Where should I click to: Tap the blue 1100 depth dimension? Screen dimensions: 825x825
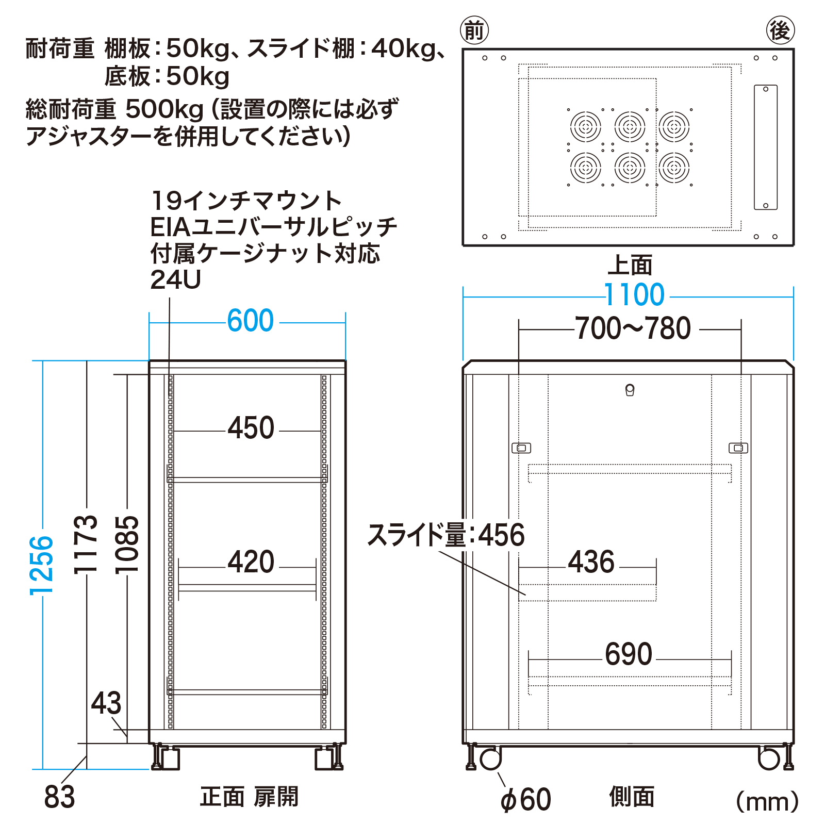point(634,295)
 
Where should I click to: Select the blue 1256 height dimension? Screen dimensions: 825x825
point(41,566)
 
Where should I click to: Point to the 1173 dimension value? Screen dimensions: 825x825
point(85,543)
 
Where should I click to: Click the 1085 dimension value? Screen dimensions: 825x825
point(127,544)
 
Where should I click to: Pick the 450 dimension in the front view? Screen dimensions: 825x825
point(251,428)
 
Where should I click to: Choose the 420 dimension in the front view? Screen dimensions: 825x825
point(251,562)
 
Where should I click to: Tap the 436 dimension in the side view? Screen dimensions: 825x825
point(591,562)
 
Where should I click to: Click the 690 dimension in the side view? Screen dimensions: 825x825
point(629,654)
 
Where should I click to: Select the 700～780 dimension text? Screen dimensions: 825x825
point(633,328)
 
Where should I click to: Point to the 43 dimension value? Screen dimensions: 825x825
point(106,703)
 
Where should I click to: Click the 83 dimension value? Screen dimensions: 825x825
point(59,797)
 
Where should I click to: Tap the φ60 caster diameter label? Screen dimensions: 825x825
point(525,800)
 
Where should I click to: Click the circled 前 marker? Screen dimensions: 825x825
point(474,30)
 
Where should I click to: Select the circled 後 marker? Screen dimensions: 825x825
point(780,30)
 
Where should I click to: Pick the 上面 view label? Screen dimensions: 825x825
point(630,265)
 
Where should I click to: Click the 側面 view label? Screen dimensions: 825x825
point(632,797)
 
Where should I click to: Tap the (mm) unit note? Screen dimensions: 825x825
point(767,801)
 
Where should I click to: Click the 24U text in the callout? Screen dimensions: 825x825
point(175,280)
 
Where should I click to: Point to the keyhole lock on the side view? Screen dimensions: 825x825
point(630,390)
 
